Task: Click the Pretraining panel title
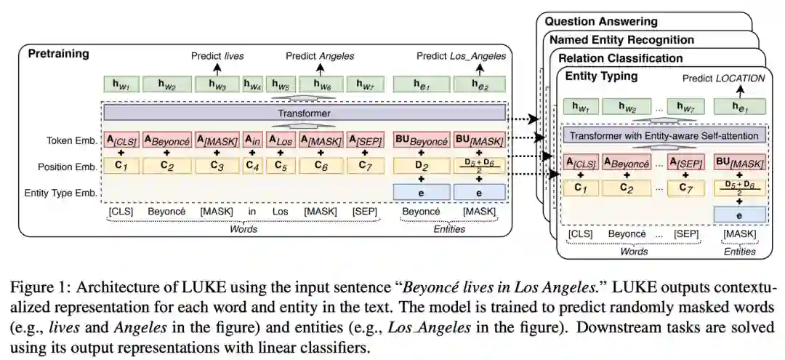click(58, 54)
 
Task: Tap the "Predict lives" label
click(217, 56)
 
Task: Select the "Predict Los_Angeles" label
click(462, 56)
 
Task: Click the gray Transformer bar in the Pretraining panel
click(304, 113)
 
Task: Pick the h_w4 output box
click(252, 85)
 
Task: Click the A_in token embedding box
click(252, 138)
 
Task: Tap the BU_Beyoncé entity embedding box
click(421, 138)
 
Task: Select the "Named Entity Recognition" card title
click(621, 40)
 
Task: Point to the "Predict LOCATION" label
click(723, 78)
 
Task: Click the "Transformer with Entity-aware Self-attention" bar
click(664, 136)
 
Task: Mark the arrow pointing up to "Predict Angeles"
click(320, 68)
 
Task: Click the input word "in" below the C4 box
click(252, 211)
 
